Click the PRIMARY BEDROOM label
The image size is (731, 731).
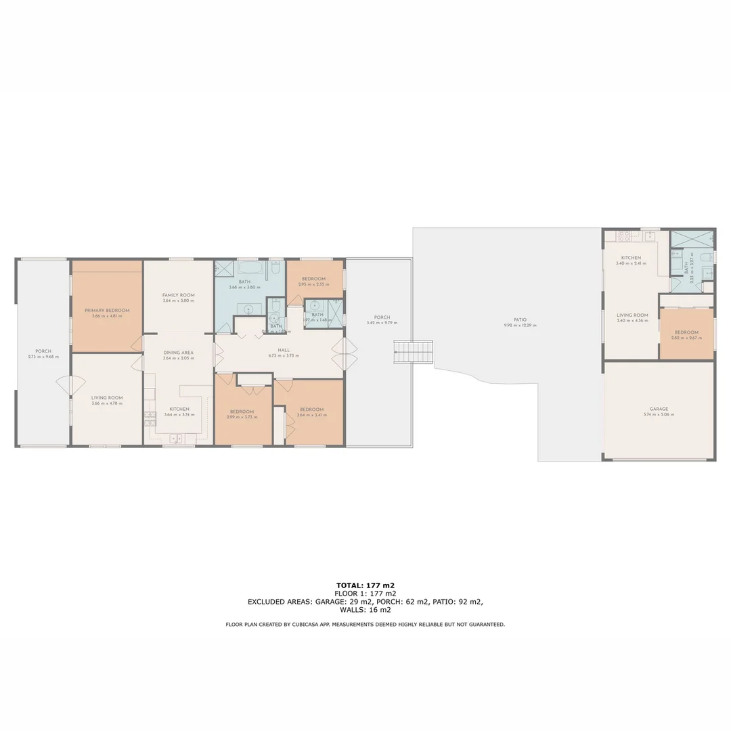[x=107, y=310]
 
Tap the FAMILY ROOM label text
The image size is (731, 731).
[x=179, y=295]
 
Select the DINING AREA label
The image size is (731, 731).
[x=179, y=353]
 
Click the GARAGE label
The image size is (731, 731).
[x=659, y=409]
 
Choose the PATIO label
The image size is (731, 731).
[x=520, y=319]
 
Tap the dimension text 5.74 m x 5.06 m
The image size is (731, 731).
[x=659, y=415]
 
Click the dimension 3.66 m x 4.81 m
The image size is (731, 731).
[x=107, y=316]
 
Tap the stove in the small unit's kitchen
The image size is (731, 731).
[x=624, y=237]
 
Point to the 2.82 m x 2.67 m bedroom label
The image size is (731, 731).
[x=686, y=332]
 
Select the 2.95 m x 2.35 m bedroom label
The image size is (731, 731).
[x=314, y=279]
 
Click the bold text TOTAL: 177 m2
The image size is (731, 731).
[x=365, y=585]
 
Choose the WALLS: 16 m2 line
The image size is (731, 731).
[x=365, y=609]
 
